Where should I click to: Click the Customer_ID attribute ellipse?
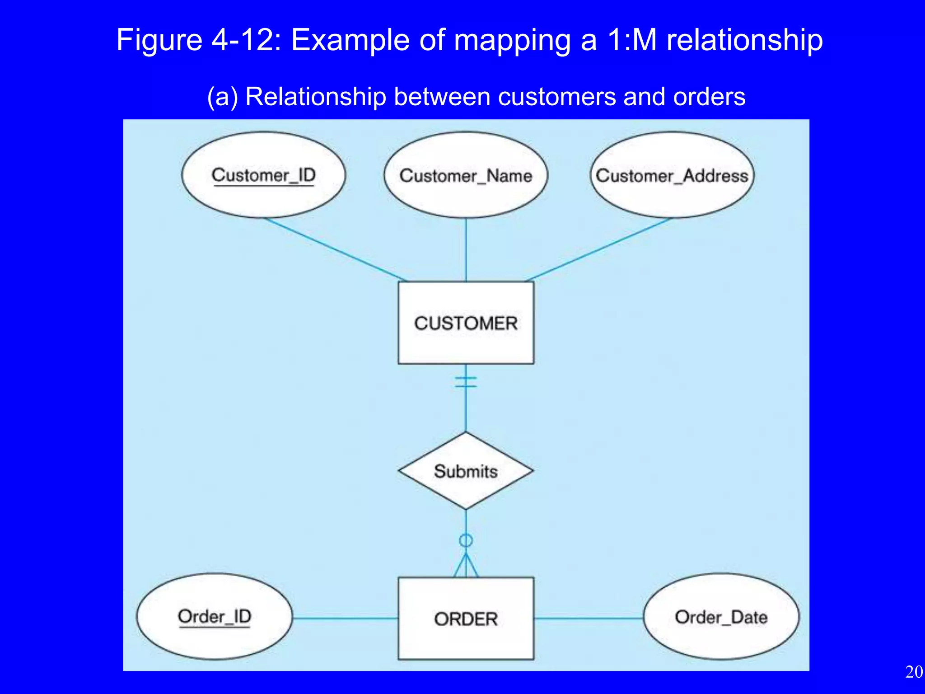click(263, 175)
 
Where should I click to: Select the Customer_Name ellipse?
click(466, 175)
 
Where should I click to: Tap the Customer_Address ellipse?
click(672, 175)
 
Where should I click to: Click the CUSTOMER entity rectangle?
click(466, 323)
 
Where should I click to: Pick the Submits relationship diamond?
click(466, 471)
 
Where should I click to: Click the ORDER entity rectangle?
click(466, 619)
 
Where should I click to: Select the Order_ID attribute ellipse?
click(214, 617)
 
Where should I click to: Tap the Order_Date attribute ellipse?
click(721, 617)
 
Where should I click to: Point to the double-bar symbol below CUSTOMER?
click(466, 382)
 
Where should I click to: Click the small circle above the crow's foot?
click(466, 540)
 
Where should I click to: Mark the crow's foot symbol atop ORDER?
click(466, 567)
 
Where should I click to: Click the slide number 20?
click(914, 672)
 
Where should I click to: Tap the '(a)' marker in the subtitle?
click(222, 97)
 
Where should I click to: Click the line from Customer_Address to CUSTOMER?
click(598, 250)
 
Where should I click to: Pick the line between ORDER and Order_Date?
click(588, 618)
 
